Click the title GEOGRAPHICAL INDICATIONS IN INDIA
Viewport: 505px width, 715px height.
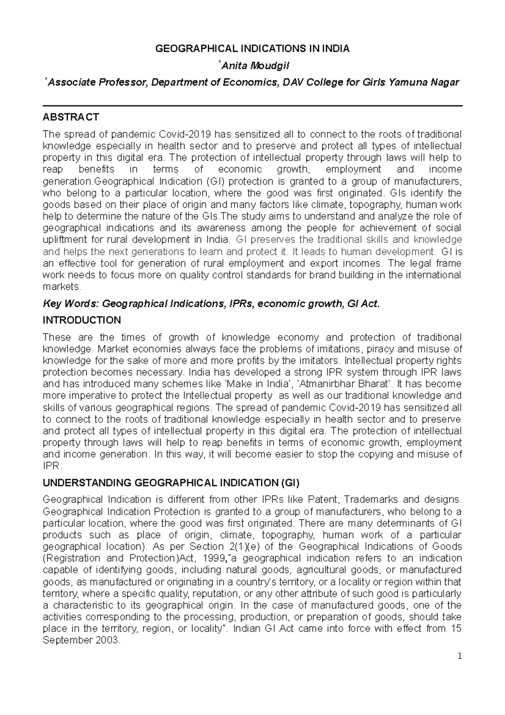click(252, 49)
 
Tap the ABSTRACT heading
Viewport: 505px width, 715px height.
click(71, 117)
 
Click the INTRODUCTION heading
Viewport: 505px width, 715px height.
click(82, 320)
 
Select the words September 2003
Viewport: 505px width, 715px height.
click(82, 640)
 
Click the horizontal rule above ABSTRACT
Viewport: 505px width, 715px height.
click(252, 106)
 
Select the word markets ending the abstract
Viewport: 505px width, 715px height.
click(61, 287)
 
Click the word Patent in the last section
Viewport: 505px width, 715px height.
click(324, 499)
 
